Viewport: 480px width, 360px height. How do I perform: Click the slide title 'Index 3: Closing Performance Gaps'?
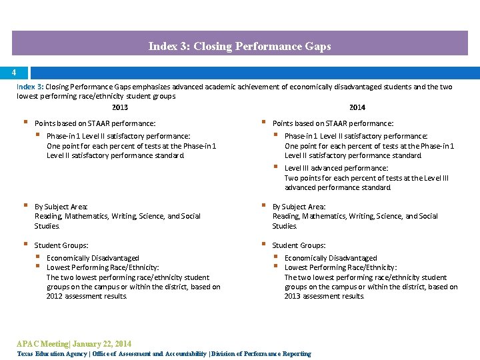tap(239, 47)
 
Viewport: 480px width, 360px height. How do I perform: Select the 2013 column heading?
tap(120, 107)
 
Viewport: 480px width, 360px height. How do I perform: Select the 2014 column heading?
tap(357, 107)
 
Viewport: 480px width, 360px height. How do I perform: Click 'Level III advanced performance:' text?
tap(336, 168)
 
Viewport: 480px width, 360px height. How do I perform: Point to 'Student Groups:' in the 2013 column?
tap(61, 245)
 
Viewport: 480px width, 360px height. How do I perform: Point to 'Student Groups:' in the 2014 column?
tap(299, 245)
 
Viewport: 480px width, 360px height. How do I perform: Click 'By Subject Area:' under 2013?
tap(61, 207)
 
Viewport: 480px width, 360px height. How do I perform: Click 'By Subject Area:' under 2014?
tap(299, 207)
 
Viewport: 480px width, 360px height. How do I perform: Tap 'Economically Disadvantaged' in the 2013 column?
tap(93, 258)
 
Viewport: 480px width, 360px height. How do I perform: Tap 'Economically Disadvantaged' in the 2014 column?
tap(331, 258)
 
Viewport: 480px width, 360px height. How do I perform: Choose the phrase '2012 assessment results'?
tap(86, 297)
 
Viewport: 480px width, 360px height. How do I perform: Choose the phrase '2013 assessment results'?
tap(324, 297)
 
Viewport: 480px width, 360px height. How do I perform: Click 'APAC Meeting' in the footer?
tap(42, 344)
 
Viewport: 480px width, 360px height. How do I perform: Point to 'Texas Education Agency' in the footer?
tap(51, 354)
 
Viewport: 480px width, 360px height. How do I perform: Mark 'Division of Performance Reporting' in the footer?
tap(261, 354)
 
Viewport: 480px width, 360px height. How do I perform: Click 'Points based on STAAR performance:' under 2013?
tap(95, 123)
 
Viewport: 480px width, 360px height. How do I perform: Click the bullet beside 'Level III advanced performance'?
tap(276, 167)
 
